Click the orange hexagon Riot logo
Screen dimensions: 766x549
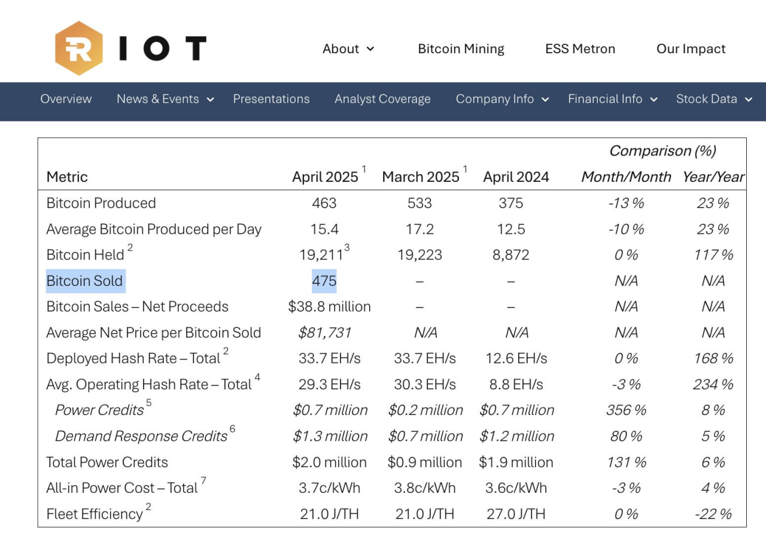79,48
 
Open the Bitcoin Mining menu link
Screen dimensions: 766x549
461,49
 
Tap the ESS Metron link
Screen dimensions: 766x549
580,49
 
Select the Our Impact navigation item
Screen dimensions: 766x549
691,49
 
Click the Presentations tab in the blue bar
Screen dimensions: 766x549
271,99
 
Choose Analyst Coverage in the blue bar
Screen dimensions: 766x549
382,99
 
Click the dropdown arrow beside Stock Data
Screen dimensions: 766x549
749,99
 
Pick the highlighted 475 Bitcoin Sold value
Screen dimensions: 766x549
324,281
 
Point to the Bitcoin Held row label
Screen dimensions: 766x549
85,255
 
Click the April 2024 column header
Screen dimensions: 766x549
516,177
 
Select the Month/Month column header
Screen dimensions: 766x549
626,177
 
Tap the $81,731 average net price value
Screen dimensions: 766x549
324,333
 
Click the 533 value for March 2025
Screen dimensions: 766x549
420,203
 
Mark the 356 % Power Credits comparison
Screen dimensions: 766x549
626,410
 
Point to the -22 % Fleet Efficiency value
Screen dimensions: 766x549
713,514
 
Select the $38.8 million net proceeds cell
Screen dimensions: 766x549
329,307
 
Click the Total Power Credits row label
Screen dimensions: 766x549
107,462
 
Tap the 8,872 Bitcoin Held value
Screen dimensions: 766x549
511,255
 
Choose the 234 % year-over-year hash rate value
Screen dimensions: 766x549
713,384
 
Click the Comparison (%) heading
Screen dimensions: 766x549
662,151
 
